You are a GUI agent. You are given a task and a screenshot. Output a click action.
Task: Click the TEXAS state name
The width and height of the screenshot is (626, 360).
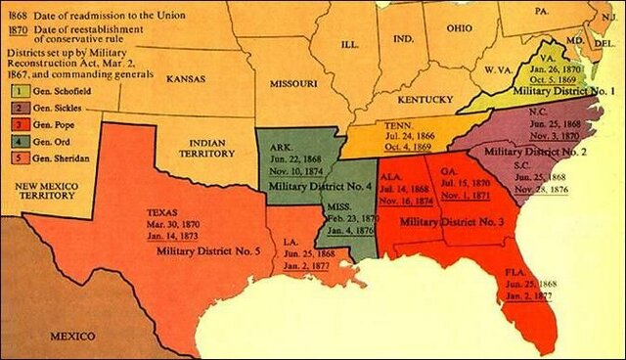click(161, 210)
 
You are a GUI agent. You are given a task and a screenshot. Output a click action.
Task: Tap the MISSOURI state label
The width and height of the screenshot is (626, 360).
click(290, 85)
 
